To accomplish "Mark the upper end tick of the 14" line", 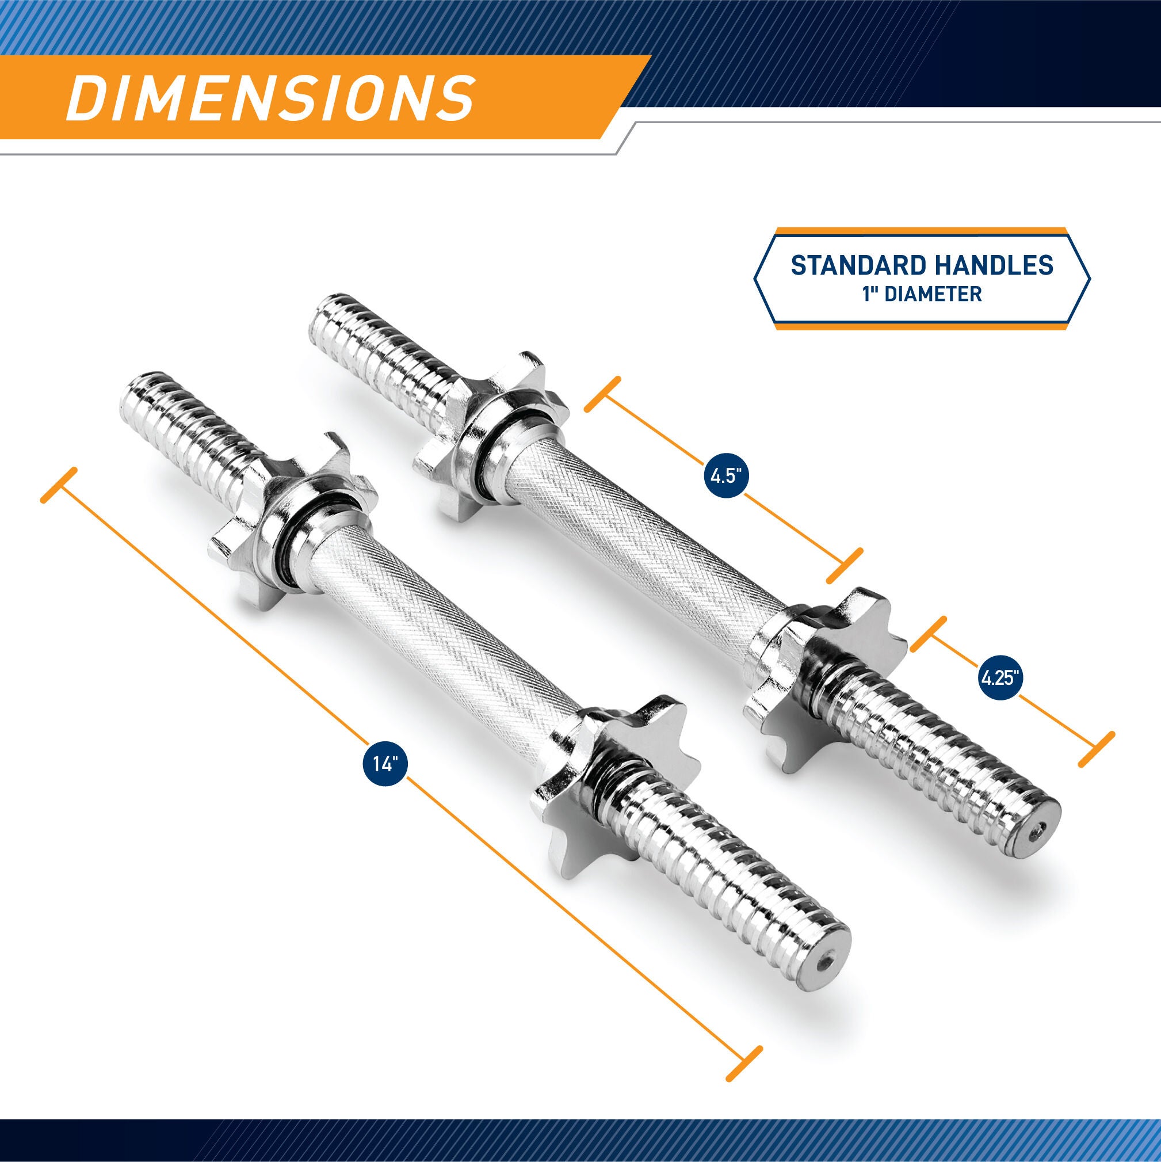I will pyautogui.click(x=58, y=485).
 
